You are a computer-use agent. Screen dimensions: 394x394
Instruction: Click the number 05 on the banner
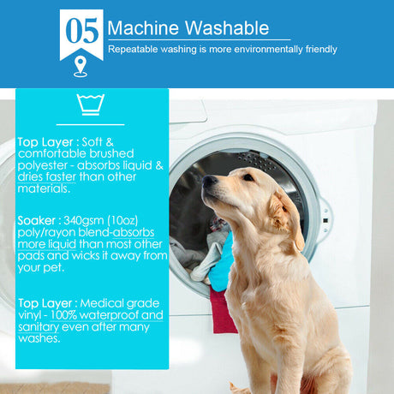click(x=82, y=31)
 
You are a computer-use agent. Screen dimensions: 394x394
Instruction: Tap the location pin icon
click(x=81, y=67)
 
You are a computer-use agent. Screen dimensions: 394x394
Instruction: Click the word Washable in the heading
click(x=227, y=28)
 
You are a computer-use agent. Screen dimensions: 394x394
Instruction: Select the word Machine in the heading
click(x=143, y=28)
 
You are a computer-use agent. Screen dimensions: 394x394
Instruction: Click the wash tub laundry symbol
click(x=91, y=104)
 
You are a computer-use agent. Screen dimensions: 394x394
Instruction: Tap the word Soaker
click(x=36, y=221)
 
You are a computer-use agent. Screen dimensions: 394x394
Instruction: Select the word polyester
click(x=43, y=166)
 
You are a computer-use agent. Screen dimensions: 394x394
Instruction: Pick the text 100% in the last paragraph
click(x=63, y=315)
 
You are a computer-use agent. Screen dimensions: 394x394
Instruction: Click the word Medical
click(x=101, y=303)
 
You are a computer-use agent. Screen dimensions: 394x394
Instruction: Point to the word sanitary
click(x=39, y=327)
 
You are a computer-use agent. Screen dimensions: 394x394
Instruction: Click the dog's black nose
click(x=209, y=180)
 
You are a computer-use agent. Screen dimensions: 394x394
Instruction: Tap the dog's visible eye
click(x=248, y=177)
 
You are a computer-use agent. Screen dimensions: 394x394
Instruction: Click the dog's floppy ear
click(x=287, y=218)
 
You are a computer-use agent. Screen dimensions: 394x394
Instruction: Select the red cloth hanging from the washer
click(x=224, y=310)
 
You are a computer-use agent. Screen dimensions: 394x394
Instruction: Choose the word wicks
click(x=86, y=256)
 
